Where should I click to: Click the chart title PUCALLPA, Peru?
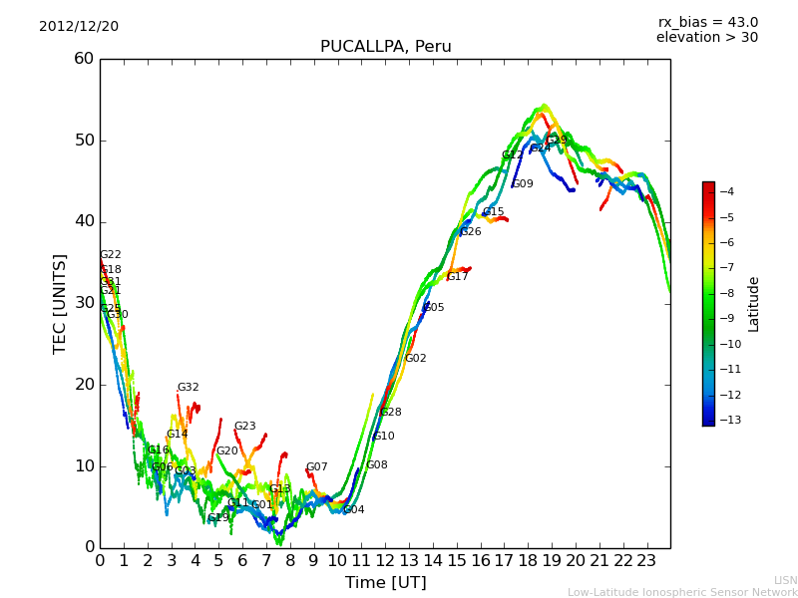pos(385,47)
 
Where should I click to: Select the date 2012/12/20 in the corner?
pos(79,27)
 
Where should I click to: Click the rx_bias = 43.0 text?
pos(707,23)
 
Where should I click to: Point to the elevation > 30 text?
pos(706,38)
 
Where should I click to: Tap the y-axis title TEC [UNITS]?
pos(60,303)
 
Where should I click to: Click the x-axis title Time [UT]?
pos(385,582)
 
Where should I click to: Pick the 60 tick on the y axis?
pos(84,59)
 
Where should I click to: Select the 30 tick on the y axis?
pos(84,303)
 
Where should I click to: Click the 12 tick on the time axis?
pos(385,560)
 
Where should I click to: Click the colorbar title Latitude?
pos(754,303)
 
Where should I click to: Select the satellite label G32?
pos(189,388)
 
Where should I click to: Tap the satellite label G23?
pos(245,427)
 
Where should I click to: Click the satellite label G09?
pos(523,184)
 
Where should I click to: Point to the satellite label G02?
pos(416,359)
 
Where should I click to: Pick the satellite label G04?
pos(354,510)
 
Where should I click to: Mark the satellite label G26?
pos(471,232)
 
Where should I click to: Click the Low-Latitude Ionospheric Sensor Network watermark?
pos(682,592)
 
